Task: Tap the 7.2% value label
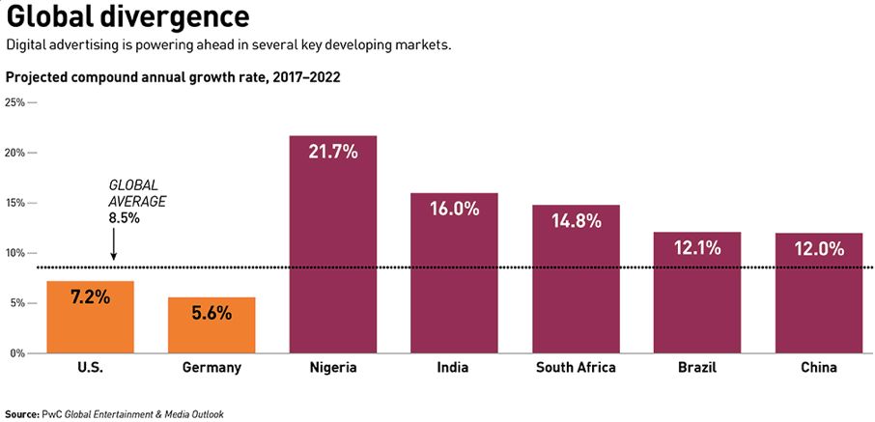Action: [x=90, y=297]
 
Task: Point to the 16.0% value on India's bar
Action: [x=454, y=209]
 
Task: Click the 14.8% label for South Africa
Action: [x=576, y=220]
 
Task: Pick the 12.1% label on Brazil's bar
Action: [x=697, y=248]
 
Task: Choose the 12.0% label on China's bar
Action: [x=819, y=248]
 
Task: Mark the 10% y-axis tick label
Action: [x=14, y=253]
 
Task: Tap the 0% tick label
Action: [x=17, y=353]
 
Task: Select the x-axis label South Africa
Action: [x=576, y=368]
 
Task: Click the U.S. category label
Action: [x=90, y=368]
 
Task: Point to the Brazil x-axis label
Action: [x=697, y=368]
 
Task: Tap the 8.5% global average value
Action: [x=124, y=218]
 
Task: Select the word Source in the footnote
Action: [x=22, y=413]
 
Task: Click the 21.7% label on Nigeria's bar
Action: [x=333, y=152]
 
